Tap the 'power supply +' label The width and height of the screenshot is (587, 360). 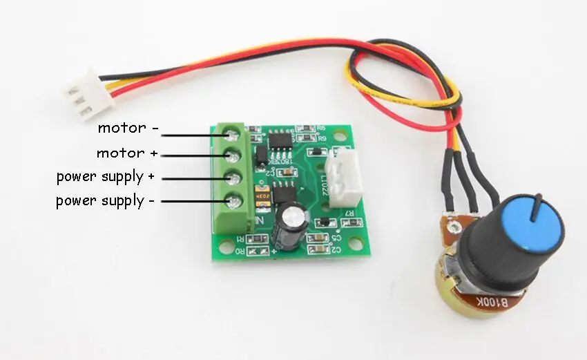tap(106, 177)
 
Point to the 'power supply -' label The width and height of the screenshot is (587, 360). tap(106, 201)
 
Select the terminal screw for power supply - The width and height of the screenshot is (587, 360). tap(235, 202)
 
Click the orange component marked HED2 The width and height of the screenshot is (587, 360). tap(261, 196)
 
